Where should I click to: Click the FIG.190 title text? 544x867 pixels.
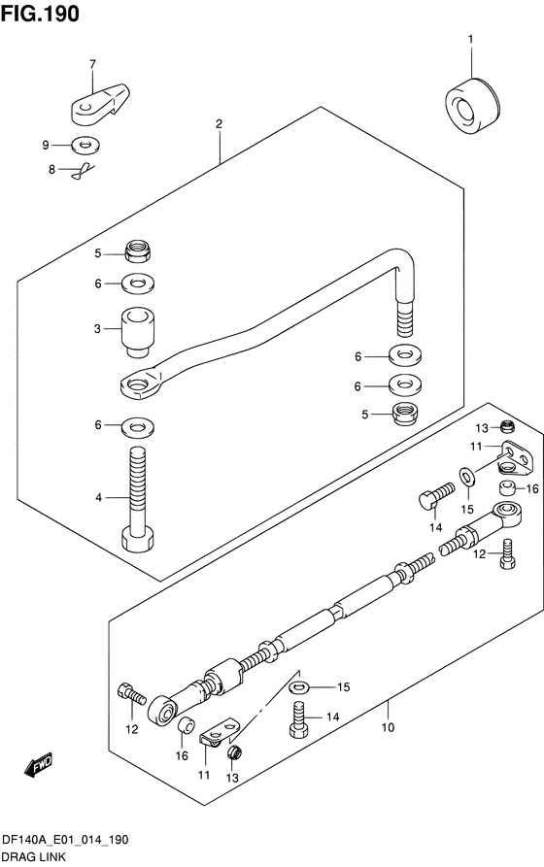click(x=41, y=14)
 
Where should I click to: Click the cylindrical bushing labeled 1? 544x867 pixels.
click(x=472, y=106)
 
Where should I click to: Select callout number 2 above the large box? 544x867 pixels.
click(x=220, y=124)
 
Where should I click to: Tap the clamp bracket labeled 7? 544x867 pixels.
click(x=100, y=103)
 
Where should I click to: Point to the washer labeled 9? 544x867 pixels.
click(x=85, y=146)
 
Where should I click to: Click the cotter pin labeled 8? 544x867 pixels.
click(x=82, y=171)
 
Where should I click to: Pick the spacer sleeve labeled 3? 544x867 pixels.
click(x=137, y=331)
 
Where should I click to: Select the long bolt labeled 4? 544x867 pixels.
click(x=137, y=499)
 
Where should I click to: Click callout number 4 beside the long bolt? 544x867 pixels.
click(x=98, y=498)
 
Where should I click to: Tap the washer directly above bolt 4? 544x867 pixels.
click(x=138, y=426)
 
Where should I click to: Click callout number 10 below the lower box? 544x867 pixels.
click(x=388, y=727)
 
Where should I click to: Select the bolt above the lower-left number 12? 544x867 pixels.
click(x=132, y=693)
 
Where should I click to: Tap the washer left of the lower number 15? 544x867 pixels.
click(x=299, y=687)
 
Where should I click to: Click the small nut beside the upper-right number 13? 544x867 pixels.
click(x=507, y=426)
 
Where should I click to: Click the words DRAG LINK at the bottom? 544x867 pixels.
click(x=34, y=857)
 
